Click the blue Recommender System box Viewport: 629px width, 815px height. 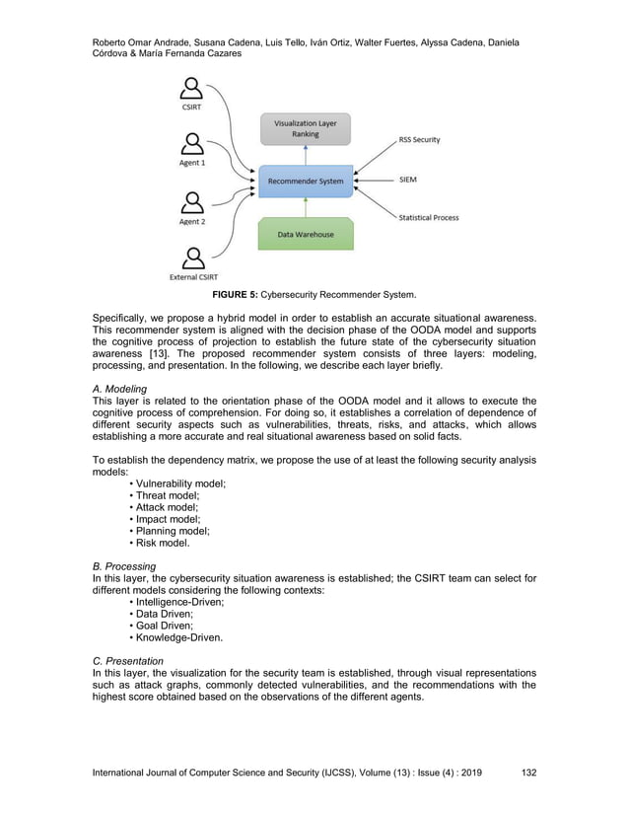coord(306,182)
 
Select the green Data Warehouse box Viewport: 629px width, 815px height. coord(306,234)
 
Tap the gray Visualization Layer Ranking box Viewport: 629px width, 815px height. coord(305,129)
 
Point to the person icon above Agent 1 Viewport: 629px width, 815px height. coord(192,145)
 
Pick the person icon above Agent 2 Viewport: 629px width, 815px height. coord(192,203)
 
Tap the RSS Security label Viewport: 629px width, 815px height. coord(419,140)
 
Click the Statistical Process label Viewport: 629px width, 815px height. coord(428,217)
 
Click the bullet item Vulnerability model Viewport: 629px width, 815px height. coord(178,483)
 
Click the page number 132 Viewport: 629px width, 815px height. coord(528,773)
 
